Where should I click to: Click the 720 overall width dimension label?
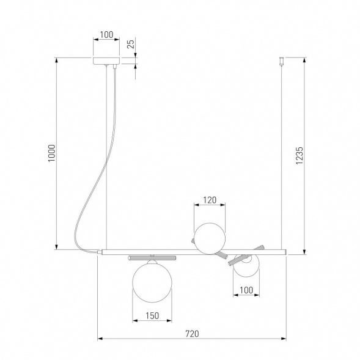tap(192, 334)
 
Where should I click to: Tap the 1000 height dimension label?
tap(52, 153)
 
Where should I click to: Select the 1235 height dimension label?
tap(299, 155)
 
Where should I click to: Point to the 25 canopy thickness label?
tap(130, 44)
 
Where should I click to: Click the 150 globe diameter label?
tap(152, 316)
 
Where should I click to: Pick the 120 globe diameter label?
tap(210, 200)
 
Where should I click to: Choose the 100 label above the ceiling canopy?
tap(106, 35)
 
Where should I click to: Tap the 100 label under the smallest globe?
tap(246, 290)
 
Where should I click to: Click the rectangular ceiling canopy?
tap(106, 61)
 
